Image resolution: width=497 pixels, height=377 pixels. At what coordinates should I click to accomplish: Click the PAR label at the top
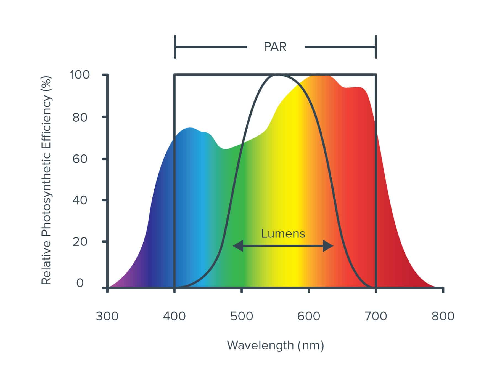(275, 47)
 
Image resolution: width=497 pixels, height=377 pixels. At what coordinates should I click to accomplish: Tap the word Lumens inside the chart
(283, 234)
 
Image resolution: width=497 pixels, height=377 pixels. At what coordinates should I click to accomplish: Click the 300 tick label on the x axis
(107, 316)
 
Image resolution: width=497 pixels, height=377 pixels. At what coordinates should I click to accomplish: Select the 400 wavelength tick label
(174, 316)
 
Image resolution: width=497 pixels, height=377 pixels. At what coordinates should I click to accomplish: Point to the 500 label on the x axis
(242, 316)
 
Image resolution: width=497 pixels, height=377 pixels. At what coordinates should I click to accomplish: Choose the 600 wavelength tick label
(309, 316)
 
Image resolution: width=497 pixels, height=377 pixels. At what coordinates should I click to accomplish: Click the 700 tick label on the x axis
(376, 316)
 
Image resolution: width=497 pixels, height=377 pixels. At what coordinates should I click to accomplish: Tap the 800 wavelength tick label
(443, 316)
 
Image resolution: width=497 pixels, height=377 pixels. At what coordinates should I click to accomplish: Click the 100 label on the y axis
(80, 75)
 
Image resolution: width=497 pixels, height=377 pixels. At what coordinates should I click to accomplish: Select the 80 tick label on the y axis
(80, 117)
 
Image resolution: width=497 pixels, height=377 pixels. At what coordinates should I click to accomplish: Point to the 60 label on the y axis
(80, 159)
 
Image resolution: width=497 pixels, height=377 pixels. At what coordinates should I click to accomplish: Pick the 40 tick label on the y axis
(80, 200)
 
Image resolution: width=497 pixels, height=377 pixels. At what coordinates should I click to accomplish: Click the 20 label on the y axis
(80, 242)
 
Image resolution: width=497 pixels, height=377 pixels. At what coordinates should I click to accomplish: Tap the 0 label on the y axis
(80, 283)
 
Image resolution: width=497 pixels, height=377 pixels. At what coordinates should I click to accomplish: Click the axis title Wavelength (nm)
(275, 345)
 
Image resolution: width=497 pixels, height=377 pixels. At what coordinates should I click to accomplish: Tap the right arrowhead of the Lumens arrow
(329, 246)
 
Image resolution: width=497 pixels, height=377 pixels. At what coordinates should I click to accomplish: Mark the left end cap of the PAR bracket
(175, 47)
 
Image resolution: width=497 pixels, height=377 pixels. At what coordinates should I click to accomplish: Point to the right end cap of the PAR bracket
(376, 47)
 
